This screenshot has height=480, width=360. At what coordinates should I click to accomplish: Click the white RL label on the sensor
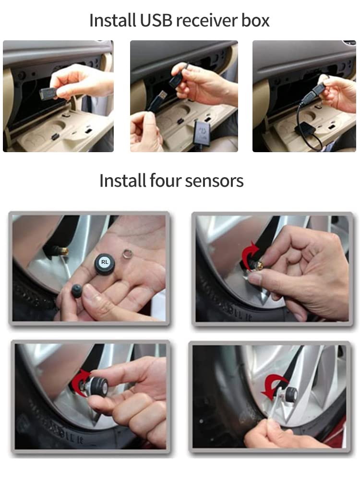105,262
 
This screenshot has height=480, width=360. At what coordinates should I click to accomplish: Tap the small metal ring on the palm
128,252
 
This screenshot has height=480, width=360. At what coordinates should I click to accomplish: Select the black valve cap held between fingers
76,291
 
